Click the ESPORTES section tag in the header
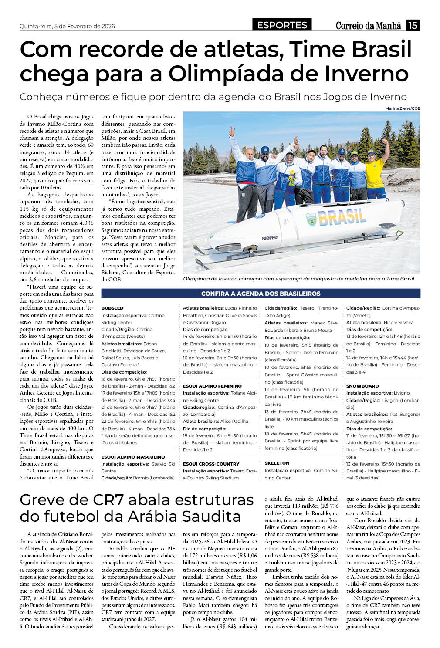pos(282,25)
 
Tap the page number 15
pos(413,25)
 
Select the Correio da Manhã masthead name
pos(368,26)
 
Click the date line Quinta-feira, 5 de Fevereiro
pos(67,26)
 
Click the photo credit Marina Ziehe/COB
pos(403,108)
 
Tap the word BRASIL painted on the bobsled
pos(342,216)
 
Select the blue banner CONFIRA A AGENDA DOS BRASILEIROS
pos(261,294)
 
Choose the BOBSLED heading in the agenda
pos(112,308)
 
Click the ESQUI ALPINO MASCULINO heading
pos(133,457)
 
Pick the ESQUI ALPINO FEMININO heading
pos(212,386)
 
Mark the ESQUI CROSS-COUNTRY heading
pos(211,464)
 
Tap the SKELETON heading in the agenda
pos(277,463)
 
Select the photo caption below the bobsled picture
pos(298,279)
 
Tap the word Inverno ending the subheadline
pos(382,97)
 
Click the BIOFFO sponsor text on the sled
pos(270,238)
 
